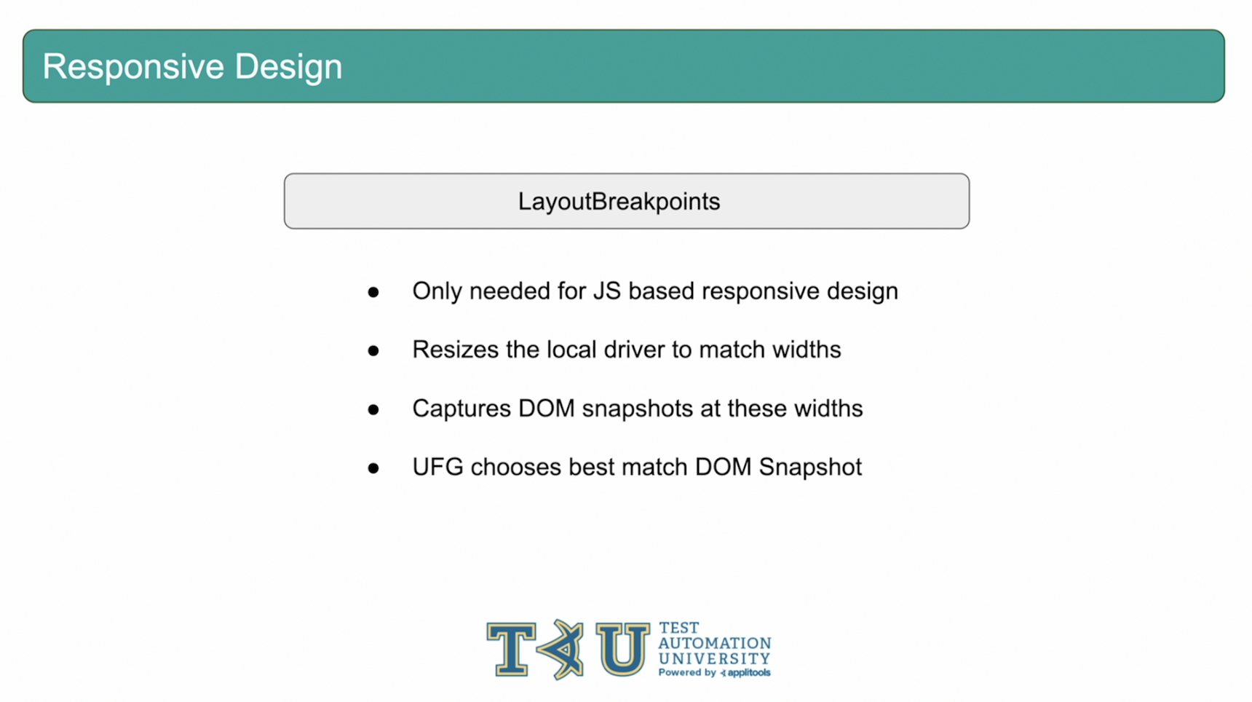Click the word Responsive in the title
tap(133, 68)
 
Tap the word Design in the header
tap(288, 66)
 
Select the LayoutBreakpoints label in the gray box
tap(619, 202)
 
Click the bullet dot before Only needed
tap(373, 293)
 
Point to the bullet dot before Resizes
tap(373, 351)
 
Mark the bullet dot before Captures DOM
tap(373, 410)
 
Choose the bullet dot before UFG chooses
tap(373, 468)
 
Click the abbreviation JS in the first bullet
tap(607, 291)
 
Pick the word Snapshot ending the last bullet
tap(810, 468)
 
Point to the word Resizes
tap(456, 350)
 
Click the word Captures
tap(461, 409)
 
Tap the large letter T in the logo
tap(512, 649)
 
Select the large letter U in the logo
tap(622, 649)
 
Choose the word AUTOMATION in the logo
tap(714, 643)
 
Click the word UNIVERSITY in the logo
tap(714, 658)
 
